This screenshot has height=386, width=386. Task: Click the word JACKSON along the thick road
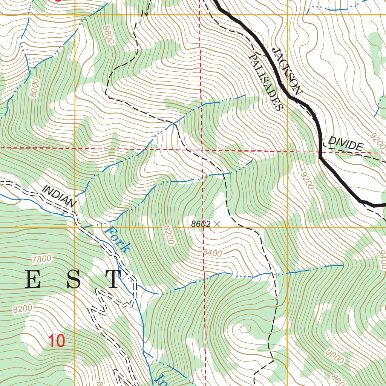click(287, 71)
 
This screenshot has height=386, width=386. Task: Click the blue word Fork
click(118, 239)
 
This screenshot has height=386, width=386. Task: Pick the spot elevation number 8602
click(201, 224)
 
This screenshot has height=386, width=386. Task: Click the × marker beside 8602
click(216, 224)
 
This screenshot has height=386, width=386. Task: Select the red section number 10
click(57, 341)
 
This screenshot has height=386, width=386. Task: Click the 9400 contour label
click(381, 260)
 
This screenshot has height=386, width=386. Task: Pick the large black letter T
click(113, 280)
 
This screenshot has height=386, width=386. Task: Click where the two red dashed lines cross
click(202, 150)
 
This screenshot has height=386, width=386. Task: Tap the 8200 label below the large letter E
click(22, 309)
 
